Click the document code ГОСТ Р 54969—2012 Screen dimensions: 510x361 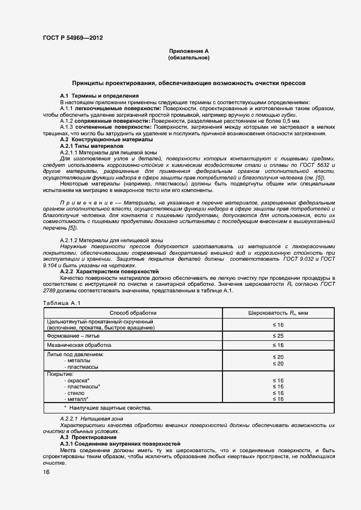point(73,38)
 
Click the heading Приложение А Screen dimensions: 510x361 point(189,51)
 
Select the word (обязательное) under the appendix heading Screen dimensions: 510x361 point(189,57)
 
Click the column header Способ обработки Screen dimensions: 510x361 point(133,313)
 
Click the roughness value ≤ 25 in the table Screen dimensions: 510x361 point(278,335)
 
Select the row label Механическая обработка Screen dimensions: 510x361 point(79,345)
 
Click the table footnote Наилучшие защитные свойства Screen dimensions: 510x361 point(109,407)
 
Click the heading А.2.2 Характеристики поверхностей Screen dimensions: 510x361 point(109,271)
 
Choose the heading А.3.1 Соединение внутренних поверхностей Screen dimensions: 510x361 point(120,444)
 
